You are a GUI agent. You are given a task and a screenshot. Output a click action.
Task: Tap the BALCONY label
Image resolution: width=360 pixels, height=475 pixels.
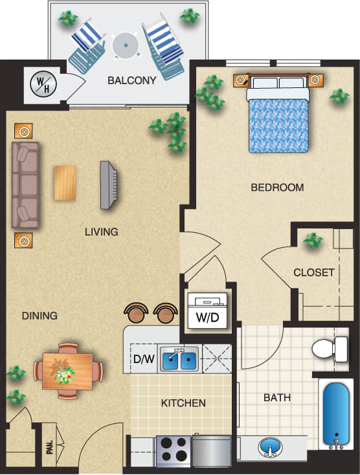(132, 81)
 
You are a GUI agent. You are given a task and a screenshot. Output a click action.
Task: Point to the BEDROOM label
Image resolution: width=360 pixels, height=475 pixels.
(277, 188)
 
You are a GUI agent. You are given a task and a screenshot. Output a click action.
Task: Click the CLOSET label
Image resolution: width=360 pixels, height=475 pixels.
(314, 272)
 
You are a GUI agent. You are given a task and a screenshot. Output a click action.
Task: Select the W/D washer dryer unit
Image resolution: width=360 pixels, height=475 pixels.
(207, 311)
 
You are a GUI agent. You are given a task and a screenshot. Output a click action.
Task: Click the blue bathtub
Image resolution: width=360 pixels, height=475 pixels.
(336, 415)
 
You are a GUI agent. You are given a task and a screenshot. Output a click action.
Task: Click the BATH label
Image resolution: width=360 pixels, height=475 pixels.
(276, 397)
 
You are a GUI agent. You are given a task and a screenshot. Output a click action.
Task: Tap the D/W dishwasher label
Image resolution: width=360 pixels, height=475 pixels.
(143, 360)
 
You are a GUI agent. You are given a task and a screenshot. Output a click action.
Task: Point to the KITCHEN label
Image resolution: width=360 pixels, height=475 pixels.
(183, 403)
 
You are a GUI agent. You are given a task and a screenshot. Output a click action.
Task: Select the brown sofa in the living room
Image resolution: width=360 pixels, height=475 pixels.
(25, 185)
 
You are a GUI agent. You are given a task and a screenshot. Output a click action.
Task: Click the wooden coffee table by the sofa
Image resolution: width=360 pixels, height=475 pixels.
(64, 182)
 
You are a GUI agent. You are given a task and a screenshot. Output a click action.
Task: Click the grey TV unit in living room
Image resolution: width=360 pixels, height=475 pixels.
(108, 185)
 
